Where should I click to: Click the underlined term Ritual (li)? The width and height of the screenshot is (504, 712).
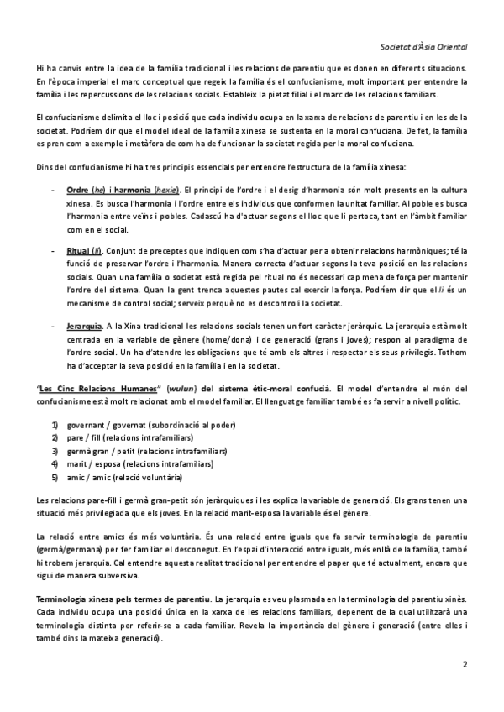(x=85, y=252)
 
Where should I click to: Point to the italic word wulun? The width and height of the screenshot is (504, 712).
(x=180, y=389)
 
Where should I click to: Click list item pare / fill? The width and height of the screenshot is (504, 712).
(x=86, y=438)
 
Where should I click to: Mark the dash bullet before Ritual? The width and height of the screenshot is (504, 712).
(x=55, y=252)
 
